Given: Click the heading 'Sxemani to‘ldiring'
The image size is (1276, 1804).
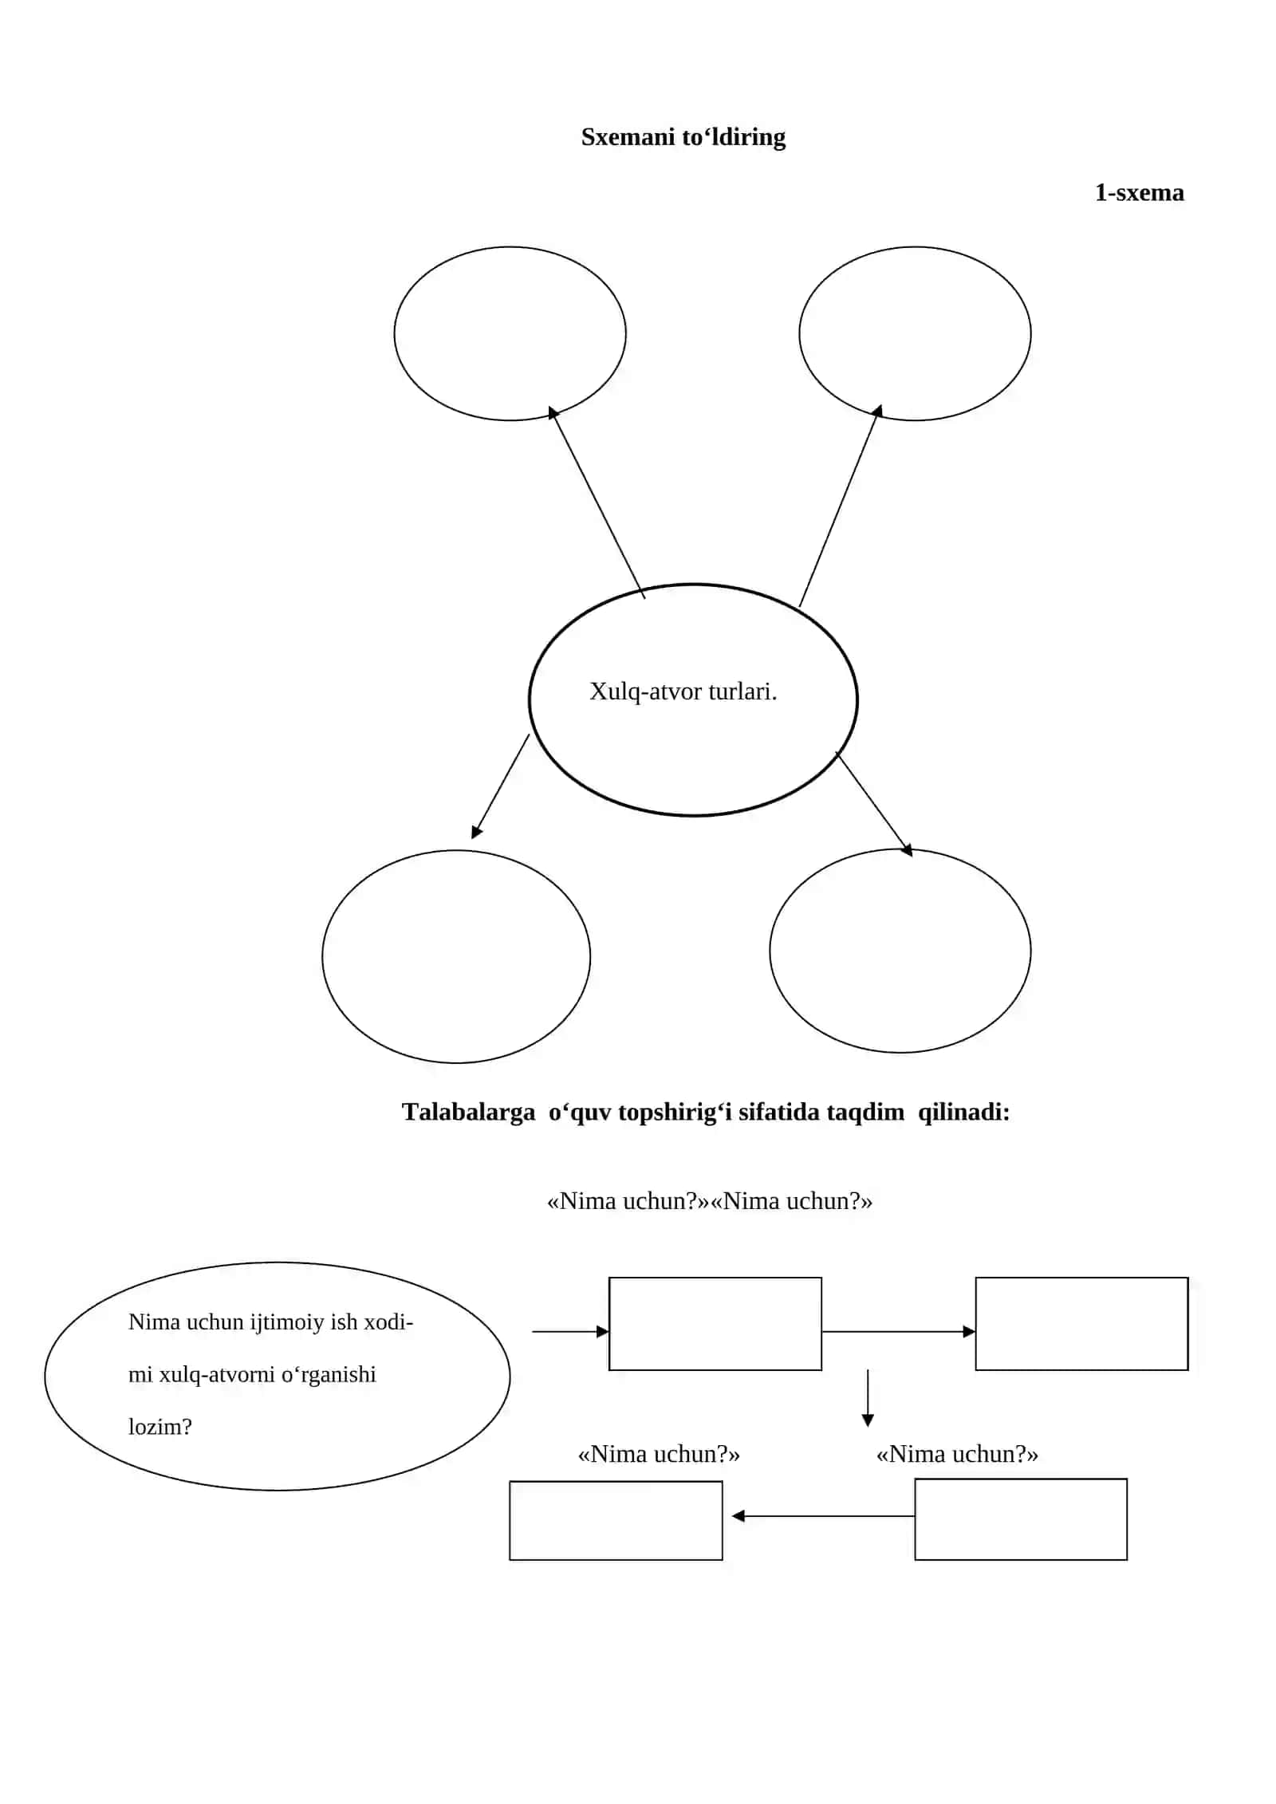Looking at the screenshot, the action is (x=683, y=137).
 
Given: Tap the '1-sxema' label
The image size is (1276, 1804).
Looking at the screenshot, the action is (x=1139, y=192).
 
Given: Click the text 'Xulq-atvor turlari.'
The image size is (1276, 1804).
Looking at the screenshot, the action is (x=683, y=691).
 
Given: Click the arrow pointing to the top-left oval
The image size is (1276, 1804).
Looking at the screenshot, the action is (x=597, y=502).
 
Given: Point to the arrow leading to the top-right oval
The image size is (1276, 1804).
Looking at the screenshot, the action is (x=840, y=506).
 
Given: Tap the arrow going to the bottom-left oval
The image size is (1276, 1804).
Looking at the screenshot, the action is (x=500, y=786).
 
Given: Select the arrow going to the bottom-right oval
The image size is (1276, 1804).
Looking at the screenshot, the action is (x=874, y=804).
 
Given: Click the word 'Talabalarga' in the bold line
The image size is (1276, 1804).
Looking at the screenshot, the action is (x=468, y=1112).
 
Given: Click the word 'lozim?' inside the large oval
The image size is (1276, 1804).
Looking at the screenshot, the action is (x=160, y=1427).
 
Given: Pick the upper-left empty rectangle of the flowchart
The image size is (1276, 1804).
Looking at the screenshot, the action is (x=715, y=1278).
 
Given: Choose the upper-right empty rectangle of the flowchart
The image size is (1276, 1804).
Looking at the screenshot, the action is (x=1081, y=1278).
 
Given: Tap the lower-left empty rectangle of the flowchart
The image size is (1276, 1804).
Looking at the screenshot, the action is (x=616, y=1483).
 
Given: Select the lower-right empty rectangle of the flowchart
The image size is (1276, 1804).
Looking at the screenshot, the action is (x=1021, y=1480).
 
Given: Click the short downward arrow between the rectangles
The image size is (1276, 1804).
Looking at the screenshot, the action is (x=868, y=1398).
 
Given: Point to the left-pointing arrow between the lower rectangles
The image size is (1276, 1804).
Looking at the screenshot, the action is (x=823, y=1516).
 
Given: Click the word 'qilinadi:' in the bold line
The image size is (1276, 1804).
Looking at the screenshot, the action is (x=963, y=1112).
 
